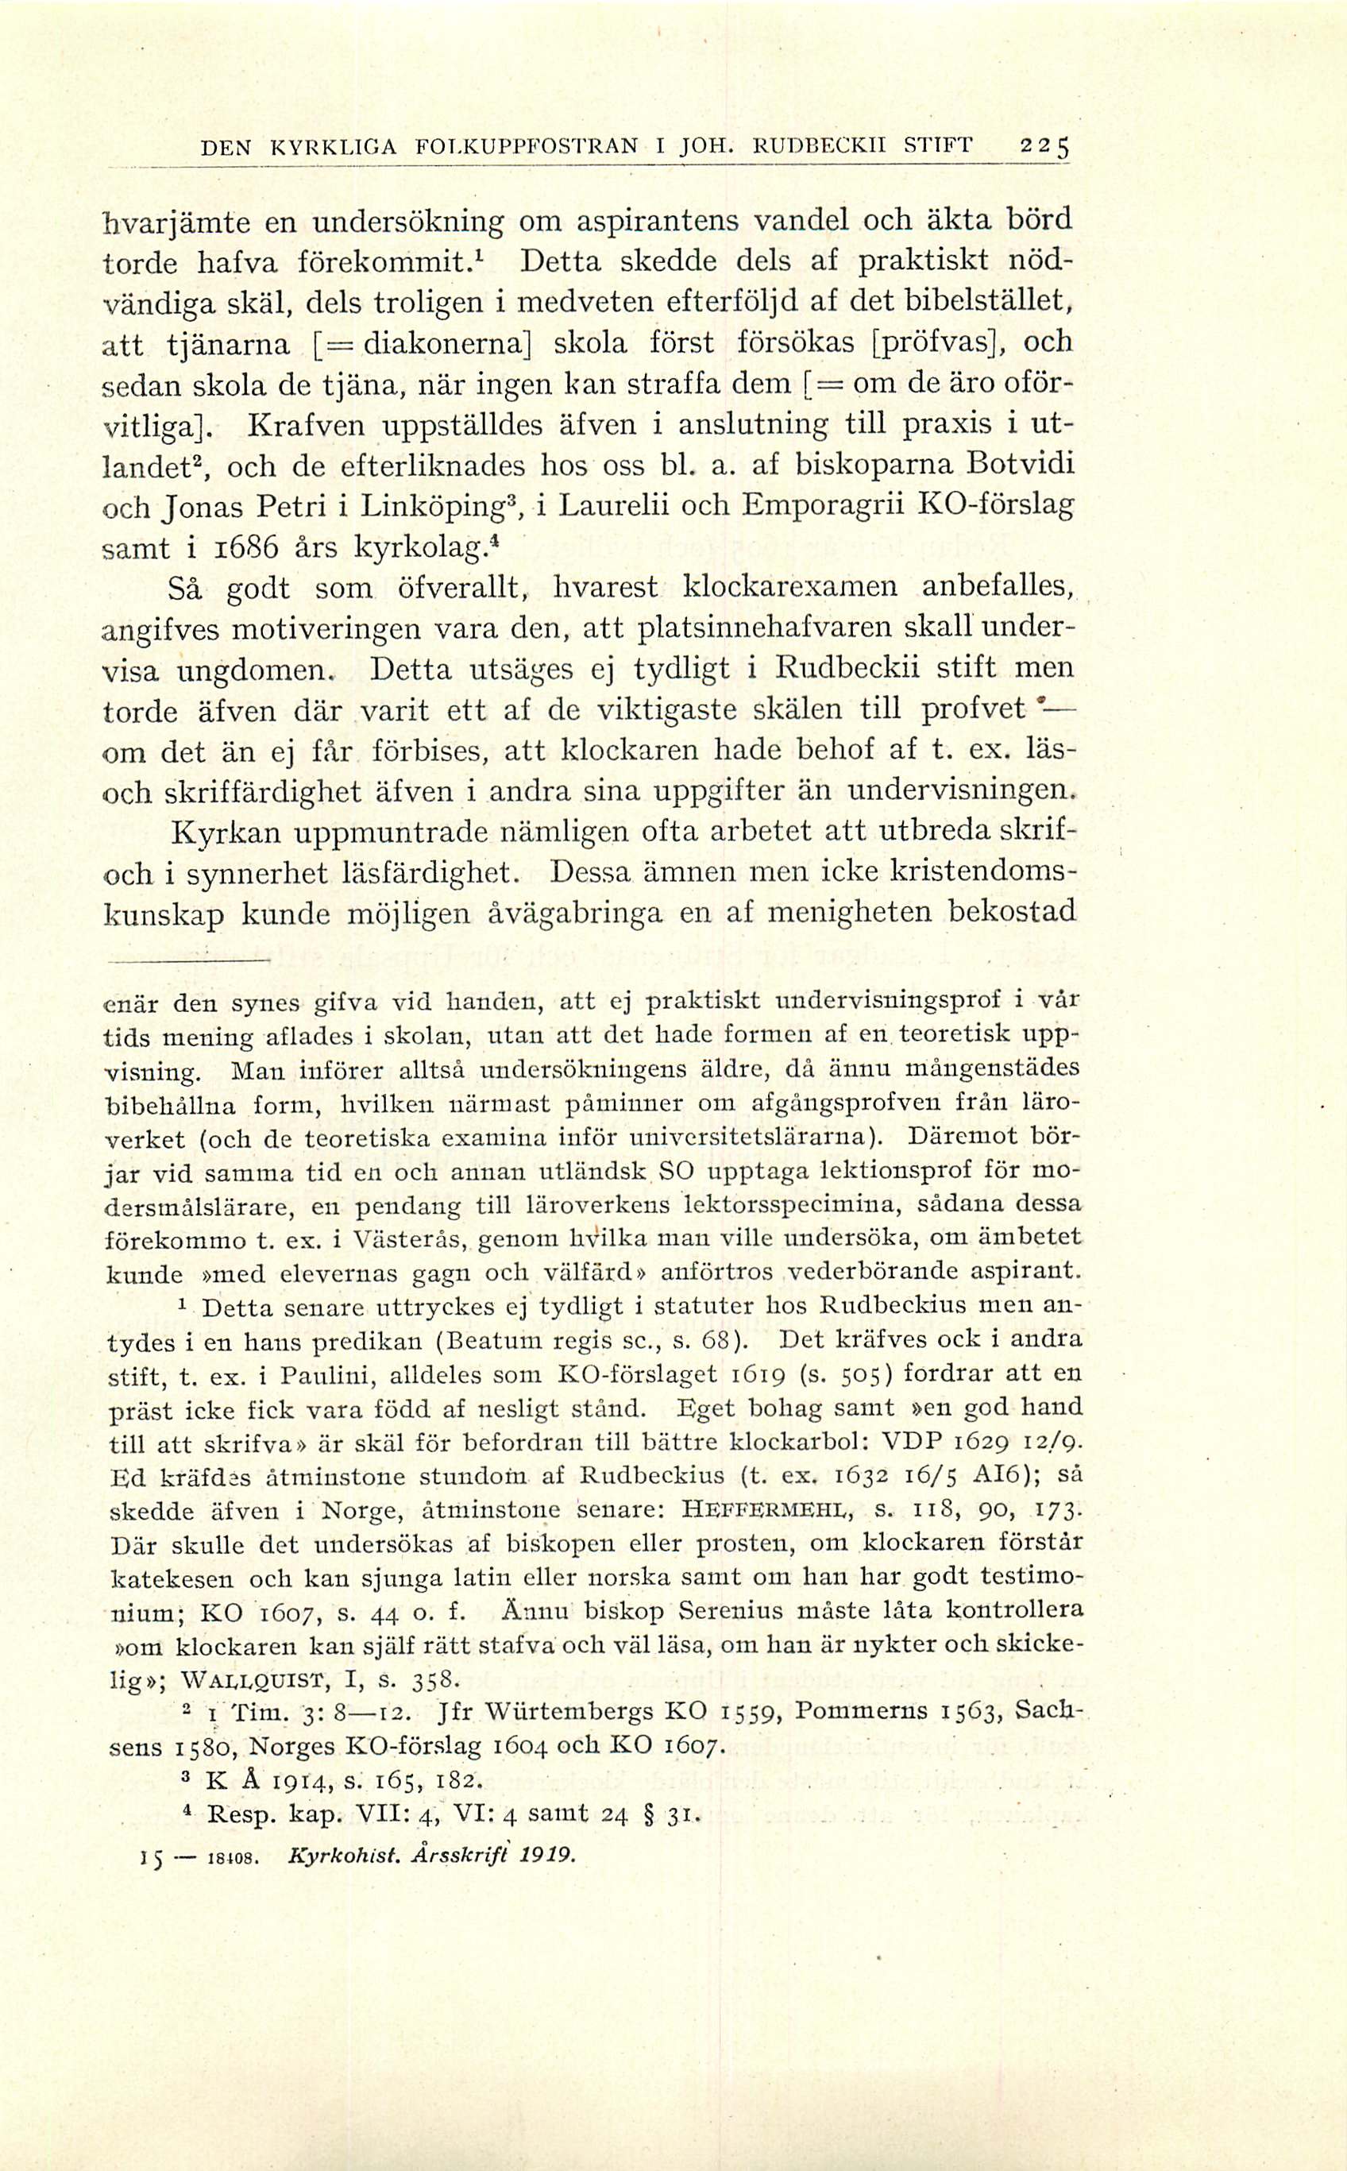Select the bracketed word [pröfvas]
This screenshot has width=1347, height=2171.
(941, 343)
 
